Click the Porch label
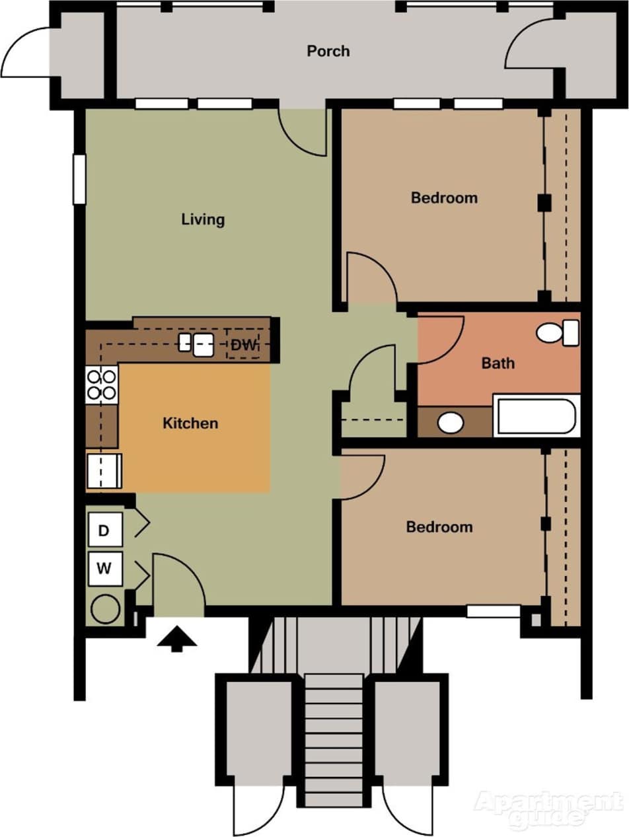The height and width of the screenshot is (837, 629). click(x=328, y=52)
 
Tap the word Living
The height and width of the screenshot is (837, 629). click(x=203, y=219)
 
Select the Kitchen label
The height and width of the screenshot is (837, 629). click(x=190, y=423)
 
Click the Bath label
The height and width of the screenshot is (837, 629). click(x=498, y=363)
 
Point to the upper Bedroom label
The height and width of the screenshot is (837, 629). click(x=444, y=198)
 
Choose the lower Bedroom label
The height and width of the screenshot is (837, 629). click(x=439, y=527)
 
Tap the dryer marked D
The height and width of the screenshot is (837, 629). click(x=104, y=530)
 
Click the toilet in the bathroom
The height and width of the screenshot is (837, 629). click(x=556, y=332)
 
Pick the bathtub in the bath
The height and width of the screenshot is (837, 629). click(x=536, y=416)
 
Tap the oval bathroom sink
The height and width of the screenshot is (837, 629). click(x=451, y=422)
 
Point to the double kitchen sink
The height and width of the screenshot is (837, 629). click(x=196, y=344)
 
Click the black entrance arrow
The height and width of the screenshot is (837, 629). click(x=176, y=639)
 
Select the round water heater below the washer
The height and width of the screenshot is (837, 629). click(x=105, y=609)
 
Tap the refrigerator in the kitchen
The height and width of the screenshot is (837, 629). click(x=104, y=470)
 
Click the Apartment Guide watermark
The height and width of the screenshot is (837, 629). click(x=548, y=808)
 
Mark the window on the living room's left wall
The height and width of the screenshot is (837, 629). click(x=79, y=178)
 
